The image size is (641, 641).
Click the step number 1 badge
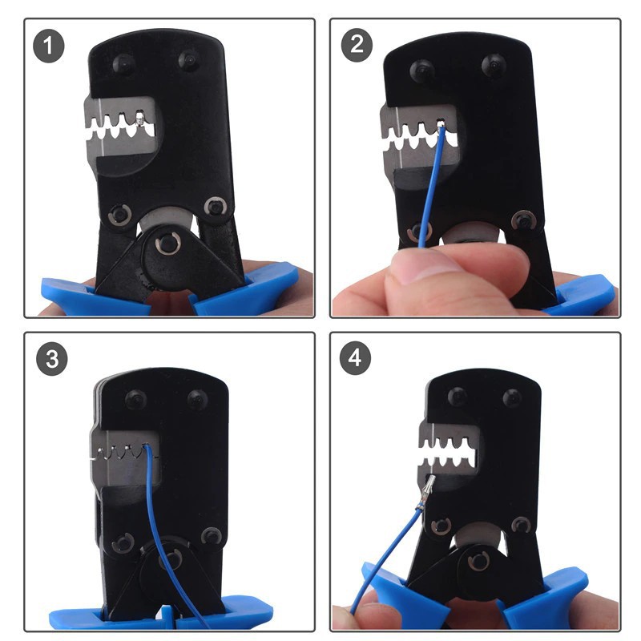49,46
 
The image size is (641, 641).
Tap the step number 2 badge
357,45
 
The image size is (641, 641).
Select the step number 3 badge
52,359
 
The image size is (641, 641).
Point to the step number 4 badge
355,357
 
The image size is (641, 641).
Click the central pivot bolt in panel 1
167,244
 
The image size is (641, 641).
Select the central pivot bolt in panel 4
478,562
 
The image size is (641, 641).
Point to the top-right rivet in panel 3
198,399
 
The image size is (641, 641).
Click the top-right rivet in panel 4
513,397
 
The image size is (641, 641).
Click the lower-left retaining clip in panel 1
119,214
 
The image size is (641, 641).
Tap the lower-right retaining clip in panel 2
524,221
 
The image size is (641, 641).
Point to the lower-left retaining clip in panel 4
441,526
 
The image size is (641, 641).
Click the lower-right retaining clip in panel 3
211,536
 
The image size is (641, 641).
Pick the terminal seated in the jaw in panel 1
139,119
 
